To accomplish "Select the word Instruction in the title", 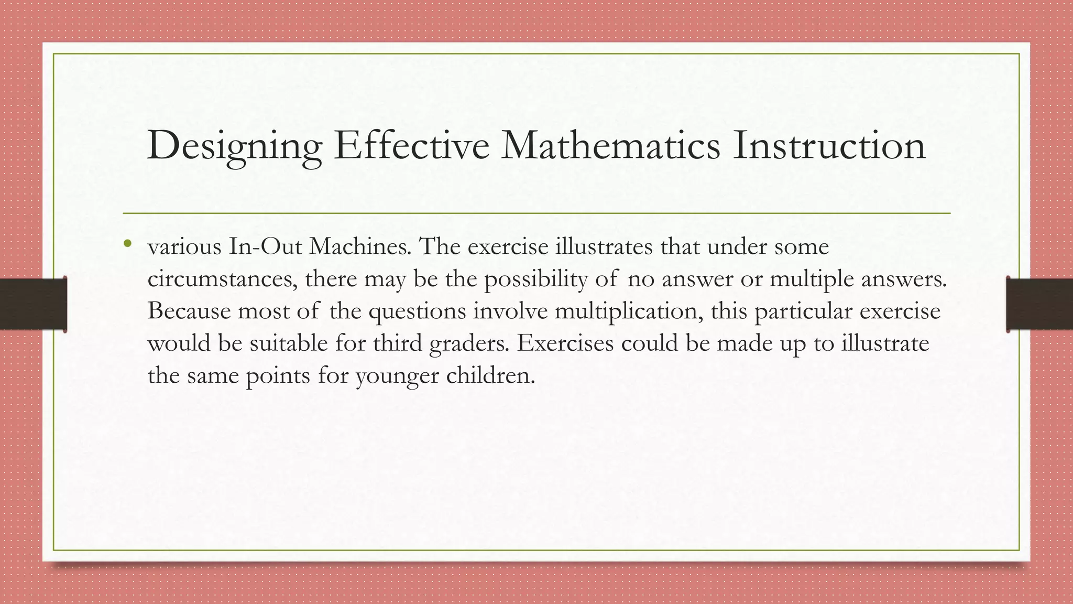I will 829,146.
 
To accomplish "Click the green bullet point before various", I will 127,243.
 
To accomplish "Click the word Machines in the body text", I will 360,246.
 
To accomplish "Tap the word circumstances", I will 222,279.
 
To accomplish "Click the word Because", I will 189,311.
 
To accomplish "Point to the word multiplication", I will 629,311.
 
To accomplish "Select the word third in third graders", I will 398,343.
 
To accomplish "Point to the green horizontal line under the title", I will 536,213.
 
